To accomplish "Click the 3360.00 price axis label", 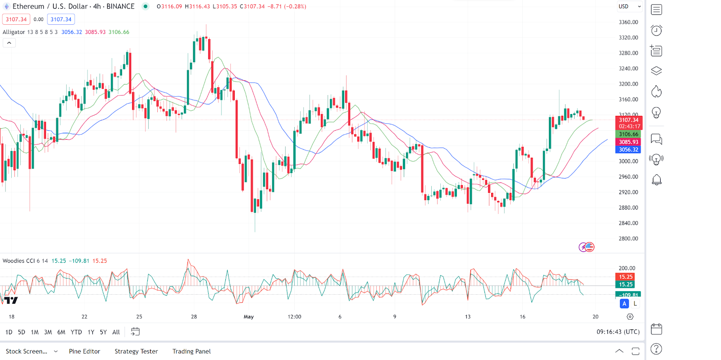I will coord(628,22).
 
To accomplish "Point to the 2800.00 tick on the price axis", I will coord(628,239).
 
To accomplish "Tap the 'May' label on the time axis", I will coord(249,317).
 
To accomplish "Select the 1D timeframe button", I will coord(9,332).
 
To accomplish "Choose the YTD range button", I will coord(76,332).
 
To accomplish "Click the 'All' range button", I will coord(116,332).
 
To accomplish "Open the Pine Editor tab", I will coord(84,351).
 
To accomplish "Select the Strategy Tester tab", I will coord(136,351).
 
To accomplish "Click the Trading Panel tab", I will coord(192,351).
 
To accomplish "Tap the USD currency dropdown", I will coord(629,6).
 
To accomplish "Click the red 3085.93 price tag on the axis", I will coord(628,142).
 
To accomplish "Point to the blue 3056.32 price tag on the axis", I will coord(628,150).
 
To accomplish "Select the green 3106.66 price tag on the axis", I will coord(628,134).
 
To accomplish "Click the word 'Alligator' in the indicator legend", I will coord(14,32).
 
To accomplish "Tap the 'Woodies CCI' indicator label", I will coord(18,261).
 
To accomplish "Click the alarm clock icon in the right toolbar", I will coord(657,30).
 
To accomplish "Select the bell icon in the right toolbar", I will coord(657,180).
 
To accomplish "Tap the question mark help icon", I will coord(657,349).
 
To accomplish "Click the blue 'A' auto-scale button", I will coord(624,304).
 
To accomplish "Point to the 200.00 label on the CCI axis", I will coord(627,268).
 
